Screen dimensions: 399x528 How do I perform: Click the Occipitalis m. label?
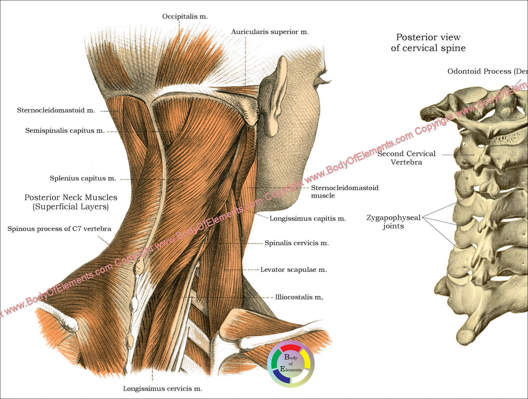[x=185, y=16]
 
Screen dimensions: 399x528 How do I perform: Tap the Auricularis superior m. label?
[x=270, y=32]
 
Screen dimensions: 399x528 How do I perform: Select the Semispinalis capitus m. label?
[x=65, y=131]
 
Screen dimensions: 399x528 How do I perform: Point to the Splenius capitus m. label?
[x=83, y=179]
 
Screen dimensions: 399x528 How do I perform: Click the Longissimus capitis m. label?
[x=308, y=219]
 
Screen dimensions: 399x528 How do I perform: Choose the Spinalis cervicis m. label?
[x=297, y=243]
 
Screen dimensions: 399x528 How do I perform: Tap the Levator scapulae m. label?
[x=293, y=270]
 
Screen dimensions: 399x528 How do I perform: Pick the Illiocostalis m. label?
[x=299, y=297]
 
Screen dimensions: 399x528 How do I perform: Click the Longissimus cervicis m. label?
[x=162, y=389]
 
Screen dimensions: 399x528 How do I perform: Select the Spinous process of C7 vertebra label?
[x=60, y=229]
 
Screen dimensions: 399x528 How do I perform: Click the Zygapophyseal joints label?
[x=394, y=222]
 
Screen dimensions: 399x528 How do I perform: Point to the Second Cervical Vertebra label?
[x=406, y=158]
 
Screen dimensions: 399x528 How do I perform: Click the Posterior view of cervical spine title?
[x=428, y=42]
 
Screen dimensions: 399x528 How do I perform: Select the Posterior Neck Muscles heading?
[x=71, y=202]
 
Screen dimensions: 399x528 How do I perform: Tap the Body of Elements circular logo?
[x=291, y=364]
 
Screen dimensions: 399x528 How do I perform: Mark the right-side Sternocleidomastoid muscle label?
[x=344, y=191]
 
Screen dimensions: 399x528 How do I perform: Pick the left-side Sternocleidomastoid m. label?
[x=56, y=110]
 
